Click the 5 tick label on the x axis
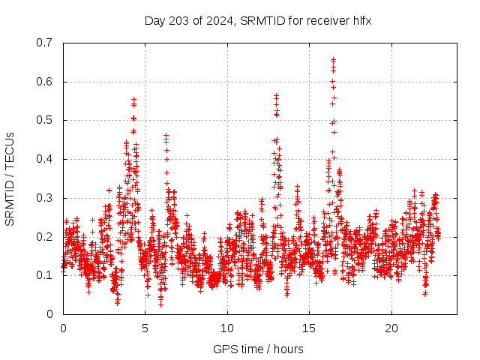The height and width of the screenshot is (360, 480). [145, 328]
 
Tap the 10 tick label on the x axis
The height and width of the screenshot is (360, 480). [227, 328]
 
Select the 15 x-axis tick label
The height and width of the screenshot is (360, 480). [309, 328]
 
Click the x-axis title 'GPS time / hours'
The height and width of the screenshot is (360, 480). [258, 349]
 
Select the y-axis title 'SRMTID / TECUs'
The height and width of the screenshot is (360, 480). [10, 178]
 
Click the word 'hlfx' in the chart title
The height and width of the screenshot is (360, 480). [361, 20]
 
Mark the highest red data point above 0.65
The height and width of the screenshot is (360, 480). [333, 59]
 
